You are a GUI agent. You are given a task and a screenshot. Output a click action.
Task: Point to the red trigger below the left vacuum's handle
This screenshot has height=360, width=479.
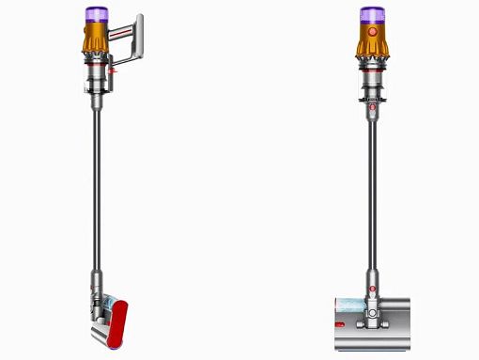click(x=114, y=69)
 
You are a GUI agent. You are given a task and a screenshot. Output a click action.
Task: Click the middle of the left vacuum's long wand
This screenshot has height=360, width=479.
click(x=97, y=188)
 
